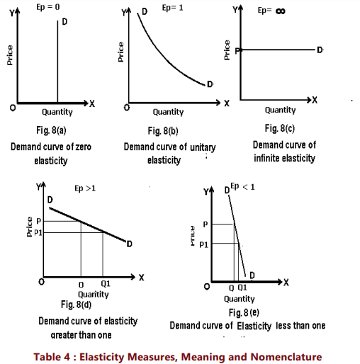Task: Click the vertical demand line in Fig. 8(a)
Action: (x=57, y=64)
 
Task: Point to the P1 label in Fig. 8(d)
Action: (x=40, y=231)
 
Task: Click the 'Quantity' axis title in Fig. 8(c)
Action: (x=281, y=110)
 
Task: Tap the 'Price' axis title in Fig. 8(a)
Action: (x=10, y=56)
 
